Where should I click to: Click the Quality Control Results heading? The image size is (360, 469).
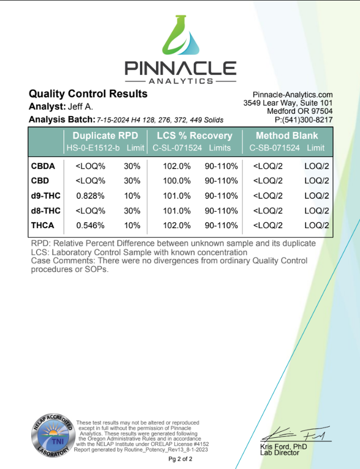point(88,94)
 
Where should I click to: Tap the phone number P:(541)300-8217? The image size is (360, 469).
point(305,120)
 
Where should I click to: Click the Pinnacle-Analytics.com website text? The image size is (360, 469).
point(293,95)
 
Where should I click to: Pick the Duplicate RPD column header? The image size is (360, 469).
point(104,136)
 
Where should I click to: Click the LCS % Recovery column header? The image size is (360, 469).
point(194,136)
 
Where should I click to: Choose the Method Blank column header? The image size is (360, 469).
point(287,136)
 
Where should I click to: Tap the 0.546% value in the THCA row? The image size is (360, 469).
point(86,225)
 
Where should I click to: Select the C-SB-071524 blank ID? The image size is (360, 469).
point(274,148)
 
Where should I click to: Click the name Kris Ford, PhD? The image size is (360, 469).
point(283,447)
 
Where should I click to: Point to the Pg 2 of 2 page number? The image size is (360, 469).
point(180,459)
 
